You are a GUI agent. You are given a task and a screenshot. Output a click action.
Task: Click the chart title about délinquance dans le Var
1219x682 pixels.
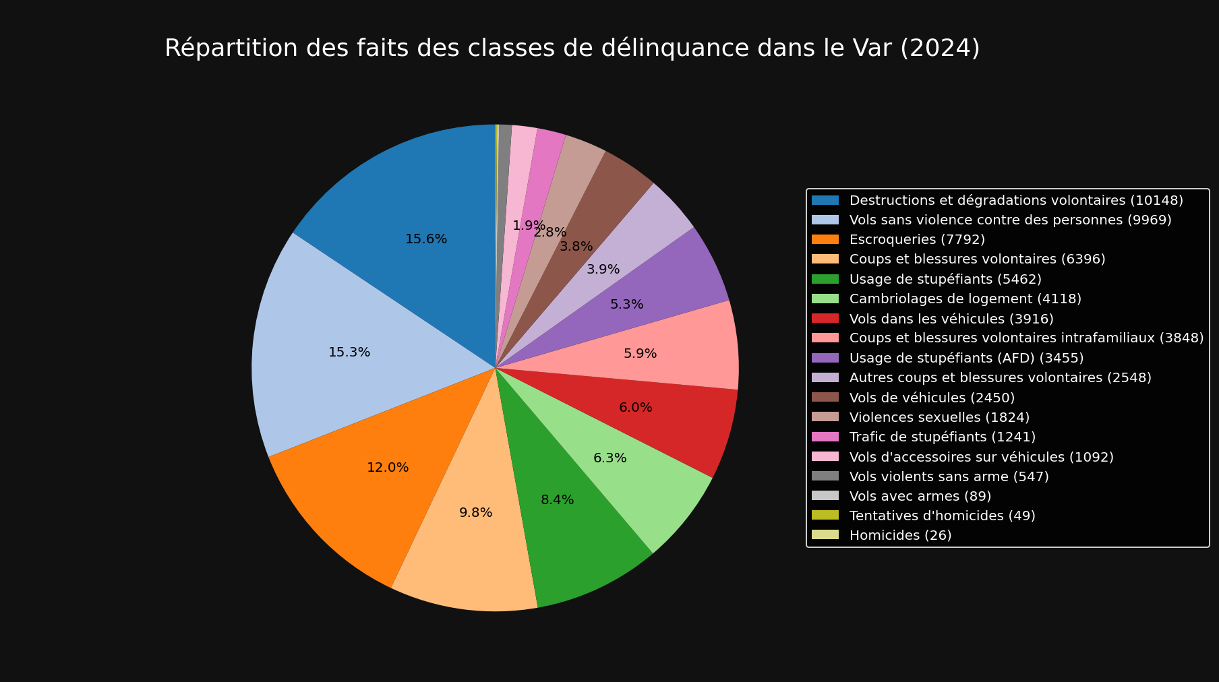(572, 49)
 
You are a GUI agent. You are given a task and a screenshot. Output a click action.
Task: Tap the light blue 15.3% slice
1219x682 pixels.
(337, 337)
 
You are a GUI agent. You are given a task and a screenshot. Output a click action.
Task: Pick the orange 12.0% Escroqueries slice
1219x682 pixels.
(364, 485)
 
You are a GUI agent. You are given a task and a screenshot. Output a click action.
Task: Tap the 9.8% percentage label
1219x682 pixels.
(475, 513)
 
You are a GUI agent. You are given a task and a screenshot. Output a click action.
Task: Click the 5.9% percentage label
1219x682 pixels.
(640, 354)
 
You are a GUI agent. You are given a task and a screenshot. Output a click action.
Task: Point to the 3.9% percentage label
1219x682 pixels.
(603, 270)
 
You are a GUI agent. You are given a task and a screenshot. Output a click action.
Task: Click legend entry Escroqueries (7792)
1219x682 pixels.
(917, 240)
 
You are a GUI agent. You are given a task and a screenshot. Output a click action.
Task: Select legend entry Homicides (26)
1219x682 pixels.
(900, 536)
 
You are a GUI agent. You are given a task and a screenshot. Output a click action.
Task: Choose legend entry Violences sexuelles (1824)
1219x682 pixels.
(939, 418)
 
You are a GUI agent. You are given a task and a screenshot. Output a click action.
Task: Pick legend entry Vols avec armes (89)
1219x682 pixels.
(920, 497)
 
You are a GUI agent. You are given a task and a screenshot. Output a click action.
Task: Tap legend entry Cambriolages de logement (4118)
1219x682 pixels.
(965, 299)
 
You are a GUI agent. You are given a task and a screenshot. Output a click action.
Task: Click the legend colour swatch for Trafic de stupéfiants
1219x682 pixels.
(825, 437)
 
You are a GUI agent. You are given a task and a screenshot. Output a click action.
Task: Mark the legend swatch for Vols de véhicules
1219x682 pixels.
(825, 398)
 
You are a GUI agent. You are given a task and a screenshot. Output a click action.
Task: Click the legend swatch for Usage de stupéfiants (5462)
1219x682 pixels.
(825, 279)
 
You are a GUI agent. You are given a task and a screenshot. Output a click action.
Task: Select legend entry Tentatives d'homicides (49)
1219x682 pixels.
(942, 516)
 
